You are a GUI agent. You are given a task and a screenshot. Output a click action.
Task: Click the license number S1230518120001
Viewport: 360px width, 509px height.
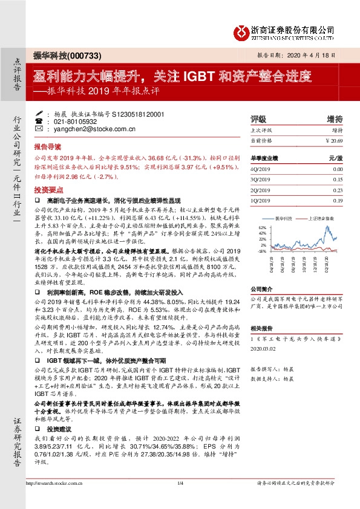pos(129,113)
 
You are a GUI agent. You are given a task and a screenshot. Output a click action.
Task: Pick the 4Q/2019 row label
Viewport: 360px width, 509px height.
pos(259,169)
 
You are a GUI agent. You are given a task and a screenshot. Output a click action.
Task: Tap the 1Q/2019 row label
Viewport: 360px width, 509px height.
pos(259,200)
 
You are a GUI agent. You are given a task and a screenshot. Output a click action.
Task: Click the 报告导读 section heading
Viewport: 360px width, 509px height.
pos(47,146)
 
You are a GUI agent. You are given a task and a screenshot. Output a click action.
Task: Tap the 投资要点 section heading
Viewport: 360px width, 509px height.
pos(47,189)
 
